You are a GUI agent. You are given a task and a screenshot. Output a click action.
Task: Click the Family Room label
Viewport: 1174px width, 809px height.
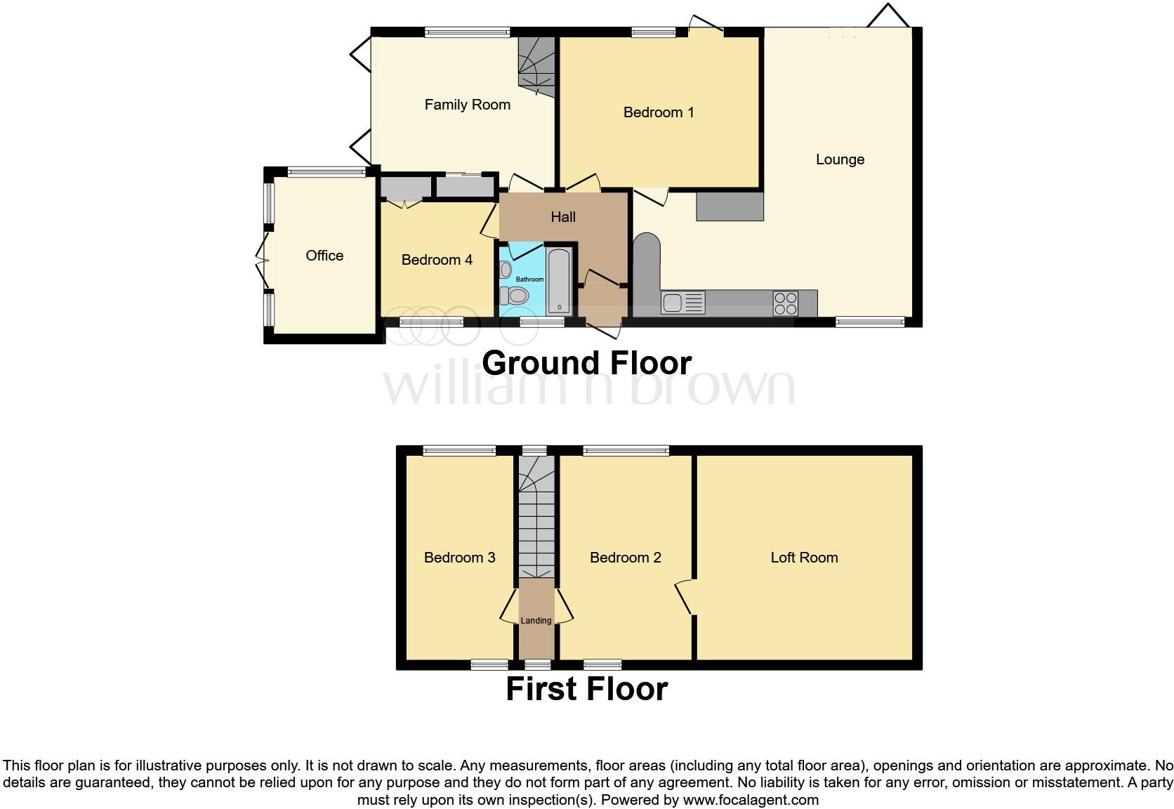pyautogui.click(x=467, y=105)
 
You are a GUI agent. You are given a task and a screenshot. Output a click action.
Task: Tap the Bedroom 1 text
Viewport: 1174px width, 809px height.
pyautogui.click(x=658, y=112)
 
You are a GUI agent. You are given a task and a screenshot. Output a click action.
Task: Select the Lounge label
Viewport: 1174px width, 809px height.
pyautogui.click(x=839, y=159)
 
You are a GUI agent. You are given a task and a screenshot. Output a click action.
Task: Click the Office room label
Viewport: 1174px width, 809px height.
pyautogui.click(x=324, y=256)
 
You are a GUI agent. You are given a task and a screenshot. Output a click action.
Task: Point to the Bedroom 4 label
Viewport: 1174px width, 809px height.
pyautogui.click(x=436, y=260)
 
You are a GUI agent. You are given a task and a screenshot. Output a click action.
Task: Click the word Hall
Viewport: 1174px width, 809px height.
pyautogui.click(x=562, y=217)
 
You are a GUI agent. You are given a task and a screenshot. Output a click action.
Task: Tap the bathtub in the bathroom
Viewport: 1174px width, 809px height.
pyautogui.click(x=560, y=279)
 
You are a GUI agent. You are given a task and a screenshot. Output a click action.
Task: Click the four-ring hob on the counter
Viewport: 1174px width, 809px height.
pyautogui.click(x=785, y=303)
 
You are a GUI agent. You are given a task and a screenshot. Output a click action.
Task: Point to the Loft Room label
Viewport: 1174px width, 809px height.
pyautogui.click(x=804, y=558)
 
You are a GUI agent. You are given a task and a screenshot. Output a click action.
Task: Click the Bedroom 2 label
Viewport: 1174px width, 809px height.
pyautogui.click(x=625, y=558)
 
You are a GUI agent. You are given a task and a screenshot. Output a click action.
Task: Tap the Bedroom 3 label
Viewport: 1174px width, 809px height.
pyautogui.click(x=459, y=558)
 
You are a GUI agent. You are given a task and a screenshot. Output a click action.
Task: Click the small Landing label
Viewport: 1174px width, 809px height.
pyautogui.click(x=536, y=621)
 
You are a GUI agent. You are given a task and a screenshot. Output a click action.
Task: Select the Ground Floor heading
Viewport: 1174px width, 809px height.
pyautogui.click(x=586, y=363)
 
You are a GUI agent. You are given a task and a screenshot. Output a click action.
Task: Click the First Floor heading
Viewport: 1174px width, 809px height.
pyautogui.click(x=586, y=689)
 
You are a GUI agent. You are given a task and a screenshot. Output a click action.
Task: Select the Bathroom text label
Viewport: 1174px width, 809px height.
pyautogui.click(x=529, y=279)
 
